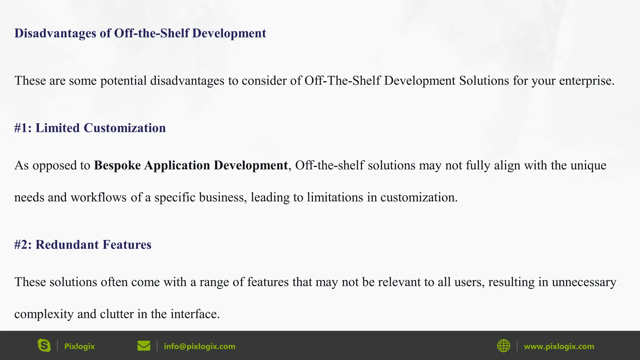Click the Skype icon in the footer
44,346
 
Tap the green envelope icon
144,346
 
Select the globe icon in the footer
503,346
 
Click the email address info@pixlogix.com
199,346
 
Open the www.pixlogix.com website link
559,346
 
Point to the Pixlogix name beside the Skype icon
79,346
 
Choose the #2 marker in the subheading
23,244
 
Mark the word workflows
98,197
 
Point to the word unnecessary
584,282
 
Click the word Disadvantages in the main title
55,33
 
